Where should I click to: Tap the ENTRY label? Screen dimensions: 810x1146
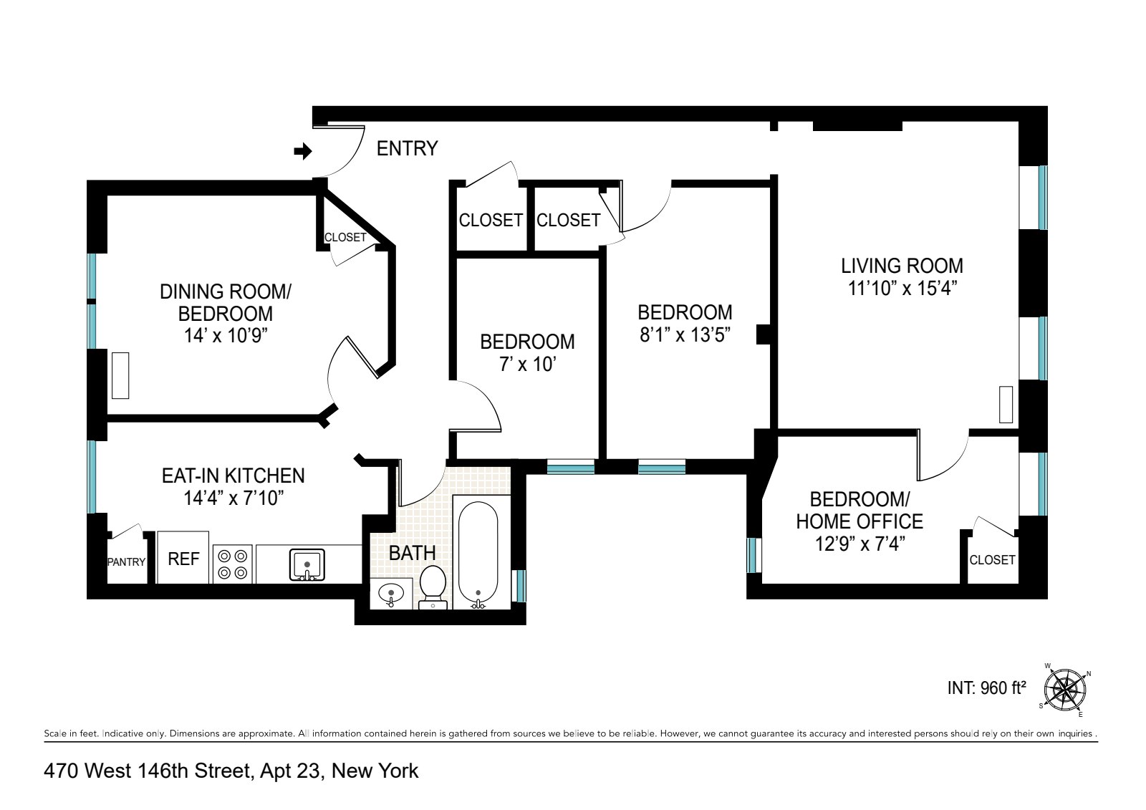[407, 148]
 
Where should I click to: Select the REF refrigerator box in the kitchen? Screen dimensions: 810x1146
[183, 558]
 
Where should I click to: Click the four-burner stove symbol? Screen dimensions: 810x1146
[233, 563]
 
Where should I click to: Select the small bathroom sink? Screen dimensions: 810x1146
[390, 594]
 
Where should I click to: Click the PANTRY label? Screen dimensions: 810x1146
[127, 562]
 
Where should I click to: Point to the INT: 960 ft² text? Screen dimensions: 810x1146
[986, 688]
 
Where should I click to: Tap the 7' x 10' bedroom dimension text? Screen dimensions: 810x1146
[527, 365]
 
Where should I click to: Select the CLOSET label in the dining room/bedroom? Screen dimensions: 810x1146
[345, 237]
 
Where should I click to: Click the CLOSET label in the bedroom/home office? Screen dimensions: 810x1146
[992, 559]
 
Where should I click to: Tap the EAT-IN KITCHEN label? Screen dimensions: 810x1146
[233, 476]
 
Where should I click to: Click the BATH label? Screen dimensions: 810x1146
[412, 552]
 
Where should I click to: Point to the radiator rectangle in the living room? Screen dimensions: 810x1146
[1006, 405]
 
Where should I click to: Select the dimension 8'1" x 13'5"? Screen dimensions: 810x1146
[685, 334]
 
